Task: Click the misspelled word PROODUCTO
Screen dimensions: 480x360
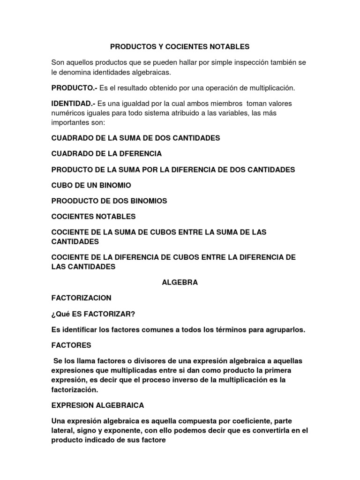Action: (x=75, y=201)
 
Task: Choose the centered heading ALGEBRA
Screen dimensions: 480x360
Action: (x=180, y=282)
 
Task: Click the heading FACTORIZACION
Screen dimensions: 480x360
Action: (x=81, y=298)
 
